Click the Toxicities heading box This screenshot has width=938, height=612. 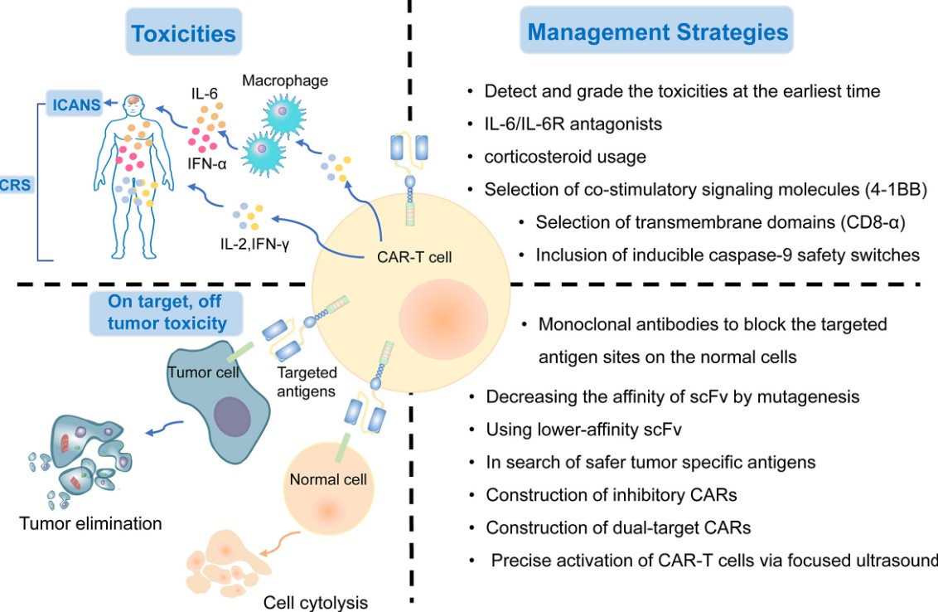pyautogui.click(x=184, y=34)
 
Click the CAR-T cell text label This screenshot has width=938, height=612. pyautogui.click(x=409, y=257)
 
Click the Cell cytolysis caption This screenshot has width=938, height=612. pyautogui.click(x=316, y=601)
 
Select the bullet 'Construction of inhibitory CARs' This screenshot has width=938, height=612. pyautogui.click(x=612, y=495)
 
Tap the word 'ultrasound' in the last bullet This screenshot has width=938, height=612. pyautogui.click(x=899, y=560)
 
